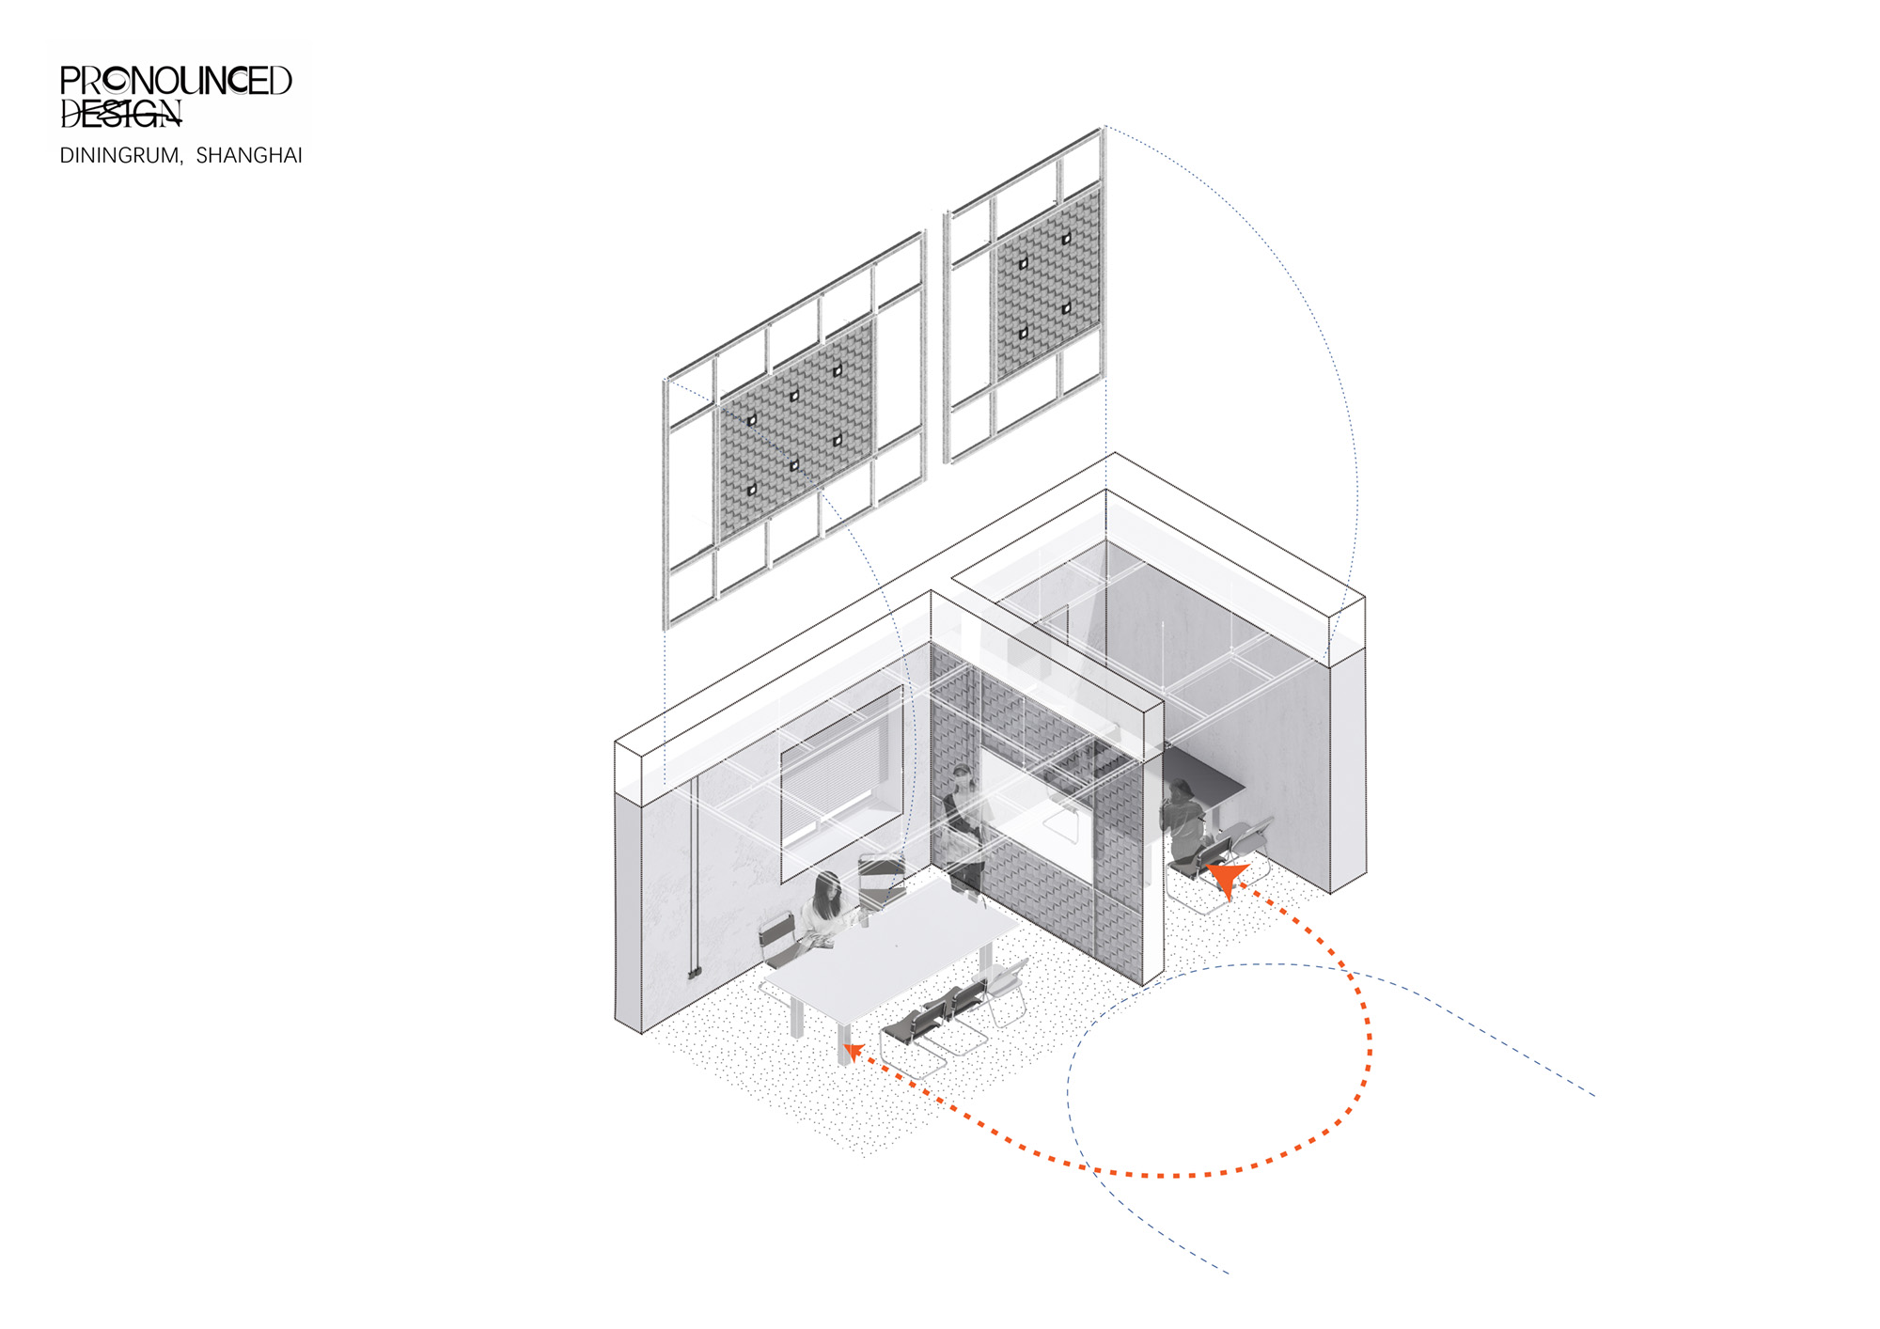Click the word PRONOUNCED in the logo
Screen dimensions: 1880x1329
(176, 81)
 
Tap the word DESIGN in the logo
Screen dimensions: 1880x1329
(120, 113)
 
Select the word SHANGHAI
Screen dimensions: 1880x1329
(249, 155)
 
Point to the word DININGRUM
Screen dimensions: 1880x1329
(119, 155)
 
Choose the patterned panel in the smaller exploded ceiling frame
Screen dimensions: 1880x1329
(1047, 285)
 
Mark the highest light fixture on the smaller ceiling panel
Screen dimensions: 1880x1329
(1067, 239)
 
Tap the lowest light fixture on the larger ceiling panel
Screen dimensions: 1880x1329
(751, 490)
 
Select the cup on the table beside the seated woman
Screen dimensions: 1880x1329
(864, 919)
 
